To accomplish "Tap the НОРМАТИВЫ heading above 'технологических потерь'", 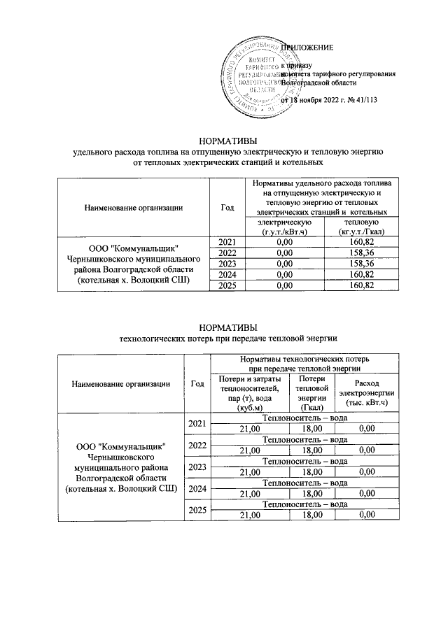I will pos(223,327).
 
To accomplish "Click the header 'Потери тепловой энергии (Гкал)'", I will pos(312,393).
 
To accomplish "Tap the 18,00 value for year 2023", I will pos(312,471).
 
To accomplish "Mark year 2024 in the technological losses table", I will pos(197,488).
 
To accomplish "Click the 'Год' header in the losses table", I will pos(197,383).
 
